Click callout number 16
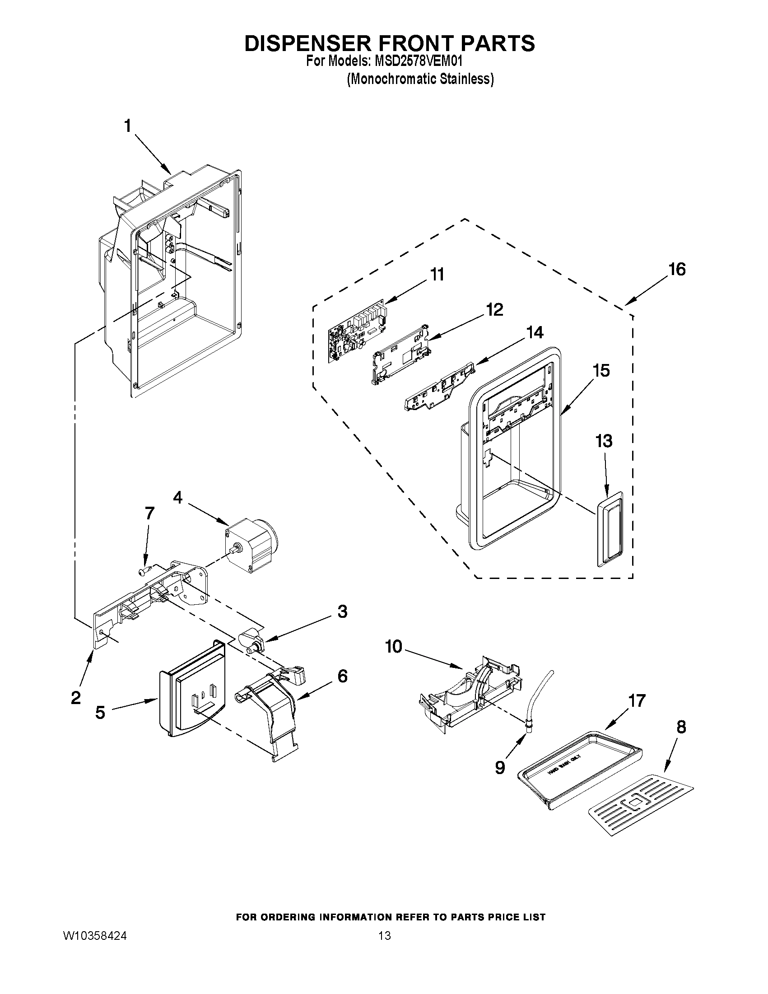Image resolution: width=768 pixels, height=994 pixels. click(x=677, y=270)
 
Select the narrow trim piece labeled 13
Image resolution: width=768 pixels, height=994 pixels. click(x=609, y=529)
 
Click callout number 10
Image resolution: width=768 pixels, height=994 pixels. click(x=394, y=647)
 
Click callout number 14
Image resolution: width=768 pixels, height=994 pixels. click(x=535, y=332)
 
